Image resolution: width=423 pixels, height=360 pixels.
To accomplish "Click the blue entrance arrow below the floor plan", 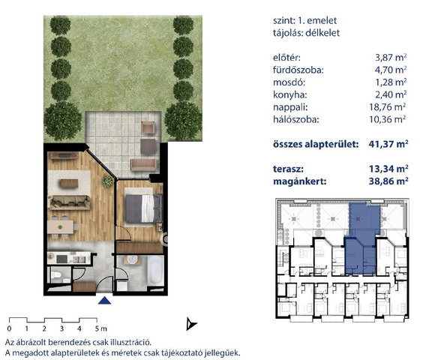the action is pyautogui.click(x=105, y=301).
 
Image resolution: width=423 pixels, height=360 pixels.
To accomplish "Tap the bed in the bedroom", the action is pyautogui.click(x=144, y=208).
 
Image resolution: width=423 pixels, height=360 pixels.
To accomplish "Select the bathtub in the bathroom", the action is pyautogui.click(x=156, y=271).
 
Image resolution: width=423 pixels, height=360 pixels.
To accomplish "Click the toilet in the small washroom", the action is pyautogui.click(x=56, y=275).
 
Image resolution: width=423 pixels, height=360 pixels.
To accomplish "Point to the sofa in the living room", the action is pyautogui.click(x=69, y=202).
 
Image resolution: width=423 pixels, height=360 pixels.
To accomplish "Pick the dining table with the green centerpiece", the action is pyautogui.click(x=61, y=227).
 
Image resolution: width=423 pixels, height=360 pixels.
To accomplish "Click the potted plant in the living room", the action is pyautogui.click(x=107, y=181).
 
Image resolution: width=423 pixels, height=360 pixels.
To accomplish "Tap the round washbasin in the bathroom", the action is pyautogui.click(x=132, y=259).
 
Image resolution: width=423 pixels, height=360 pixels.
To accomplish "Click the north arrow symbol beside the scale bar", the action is pyautogui.click(x=191, y=324).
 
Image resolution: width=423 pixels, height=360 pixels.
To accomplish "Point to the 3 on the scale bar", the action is pyautogui.click(x=61, y=329).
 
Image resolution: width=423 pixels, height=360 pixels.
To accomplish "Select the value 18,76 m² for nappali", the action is pyautogui.click(x=388, y=107).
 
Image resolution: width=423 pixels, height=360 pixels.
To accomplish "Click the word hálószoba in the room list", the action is pyautogui.click(x=296, y=119).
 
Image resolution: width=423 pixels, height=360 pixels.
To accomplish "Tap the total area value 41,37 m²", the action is pyautogui.click(x=388, y=144).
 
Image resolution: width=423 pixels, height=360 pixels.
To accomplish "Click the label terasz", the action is pyautogui.click(x=288, y=169).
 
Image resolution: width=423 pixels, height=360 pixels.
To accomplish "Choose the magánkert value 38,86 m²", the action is pyautogui.click(x=388, y=181).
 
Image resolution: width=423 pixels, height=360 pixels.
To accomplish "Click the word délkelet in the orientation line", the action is pyautogui.click(x=322, y=33).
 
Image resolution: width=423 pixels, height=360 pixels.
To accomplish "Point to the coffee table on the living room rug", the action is pyautogui.click(x=69, y=184).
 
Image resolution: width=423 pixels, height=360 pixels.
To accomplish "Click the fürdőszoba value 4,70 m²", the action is pyautogui.click(x=390, y=70).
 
